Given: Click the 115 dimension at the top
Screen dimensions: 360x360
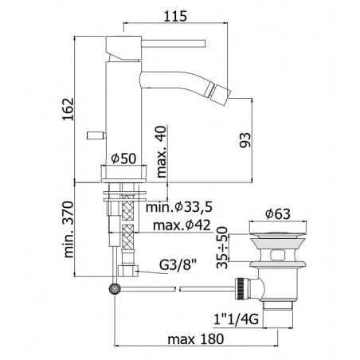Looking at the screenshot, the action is (175, 16).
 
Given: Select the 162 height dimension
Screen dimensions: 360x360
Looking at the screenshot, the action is (68, 109).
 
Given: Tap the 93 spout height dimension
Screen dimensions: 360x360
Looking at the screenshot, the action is (245, 140).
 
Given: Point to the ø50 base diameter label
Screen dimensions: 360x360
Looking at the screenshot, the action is (123, 158).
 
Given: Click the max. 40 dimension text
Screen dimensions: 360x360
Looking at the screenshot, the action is (162, 151).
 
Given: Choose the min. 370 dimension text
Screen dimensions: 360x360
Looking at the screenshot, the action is (68, 229).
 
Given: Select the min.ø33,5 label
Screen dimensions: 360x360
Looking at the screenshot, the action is (179, 207).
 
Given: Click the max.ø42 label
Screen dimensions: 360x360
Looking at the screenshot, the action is (182, 225).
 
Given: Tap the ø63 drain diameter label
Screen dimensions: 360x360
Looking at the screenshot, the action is (278, 214).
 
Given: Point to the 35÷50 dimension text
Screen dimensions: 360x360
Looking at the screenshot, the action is (222, 248).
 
